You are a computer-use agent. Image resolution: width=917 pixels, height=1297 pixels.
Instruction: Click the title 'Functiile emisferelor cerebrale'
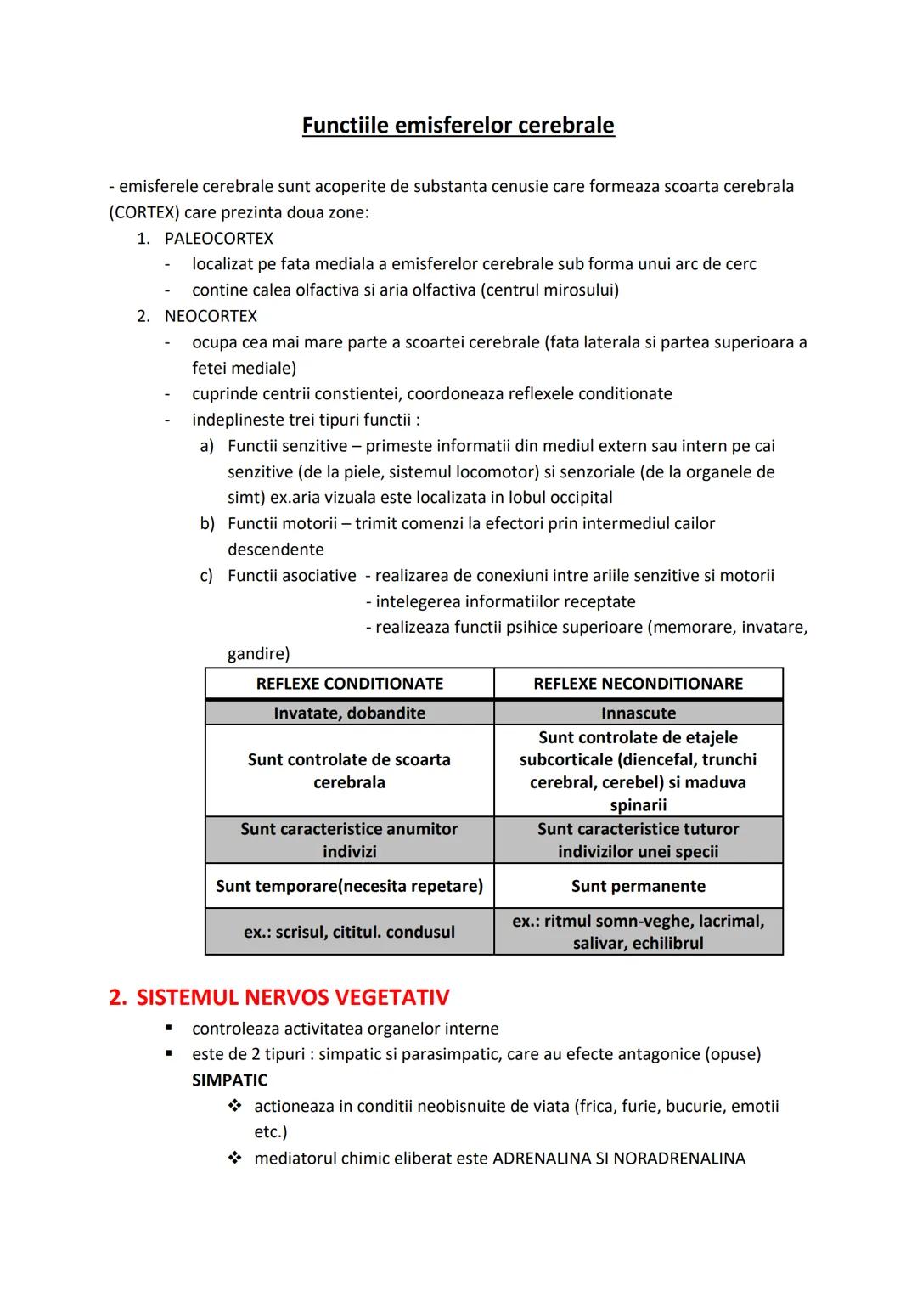tap(458, 126)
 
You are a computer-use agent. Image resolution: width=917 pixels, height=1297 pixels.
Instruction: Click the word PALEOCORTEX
tap(219, 239)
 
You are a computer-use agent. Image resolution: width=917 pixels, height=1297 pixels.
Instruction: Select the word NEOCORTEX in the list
tap(211, 316)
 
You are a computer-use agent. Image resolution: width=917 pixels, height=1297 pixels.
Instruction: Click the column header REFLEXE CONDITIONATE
tap(349, 684)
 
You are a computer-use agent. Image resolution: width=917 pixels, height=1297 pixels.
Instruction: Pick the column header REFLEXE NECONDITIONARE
tap(638, 684)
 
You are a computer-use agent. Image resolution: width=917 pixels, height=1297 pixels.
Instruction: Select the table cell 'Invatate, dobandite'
tap(349, 713)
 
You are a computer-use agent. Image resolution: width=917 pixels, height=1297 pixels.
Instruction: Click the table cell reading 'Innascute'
tap(638, 713)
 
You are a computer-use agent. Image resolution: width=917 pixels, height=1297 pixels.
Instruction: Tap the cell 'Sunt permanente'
tap(638, 886)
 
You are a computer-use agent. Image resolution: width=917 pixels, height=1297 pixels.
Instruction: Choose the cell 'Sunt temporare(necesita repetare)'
tap(349, 886)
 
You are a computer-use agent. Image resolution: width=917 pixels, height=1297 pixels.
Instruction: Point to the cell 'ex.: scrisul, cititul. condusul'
tap(349, 932)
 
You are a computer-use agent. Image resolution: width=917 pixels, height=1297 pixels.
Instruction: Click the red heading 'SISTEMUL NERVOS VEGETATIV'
tap(292, 997)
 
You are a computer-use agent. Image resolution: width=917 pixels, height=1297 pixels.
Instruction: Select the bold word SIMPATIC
tap(229, 1080)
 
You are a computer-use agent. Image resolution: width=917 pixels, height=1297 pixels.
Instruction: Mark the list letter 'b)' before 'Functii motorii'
tap(207, 524)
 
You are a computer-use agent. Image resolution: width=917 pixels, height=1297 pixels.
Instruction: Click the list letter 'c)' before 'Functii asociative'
tap(206, 576)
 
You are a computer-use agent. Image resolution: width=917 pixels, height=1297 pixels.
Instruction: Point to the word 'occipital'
tap(577, 498)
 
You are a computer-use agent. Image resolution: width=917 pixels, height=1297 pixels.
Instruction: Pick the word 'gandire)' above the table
tap(258, 654)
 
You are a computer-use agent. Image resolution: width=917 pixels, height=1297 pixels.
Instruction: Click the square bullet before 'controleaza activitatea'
tap(170, 1029)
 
